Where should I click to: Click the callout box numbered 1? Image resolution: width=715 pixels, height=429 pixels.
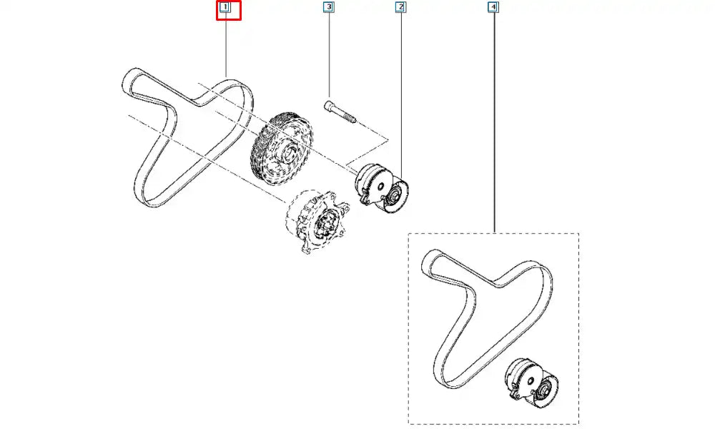point(225,7)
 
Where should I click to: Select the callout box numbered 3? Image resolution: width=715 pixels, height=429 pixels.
point(328,7)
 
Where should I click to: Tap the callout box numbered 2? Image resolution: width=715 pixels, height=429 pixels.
point(400,7)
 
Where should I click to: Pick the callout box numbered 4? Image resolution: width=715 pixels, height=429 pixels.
point(493,7)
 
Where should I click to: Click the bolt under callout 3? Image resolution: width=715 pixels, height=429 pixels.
point(340,112)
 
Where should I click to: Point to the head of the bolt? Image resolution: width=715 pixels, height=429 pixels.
point(329,106)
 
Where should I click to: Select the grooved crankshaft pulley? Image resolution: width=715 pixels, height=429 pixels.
point(282,149)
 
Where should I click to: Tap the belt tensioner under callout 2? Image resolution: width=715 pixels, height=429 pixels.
point(382,188)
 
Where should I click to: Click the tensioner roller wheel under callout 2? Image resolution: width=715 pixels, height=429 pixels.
point(394,197)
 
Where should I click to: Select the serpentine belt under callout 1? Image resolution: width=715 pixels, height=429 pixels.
point(187,138)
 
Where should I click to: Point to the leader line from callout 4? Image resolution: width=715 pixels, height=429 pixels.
point(493,122)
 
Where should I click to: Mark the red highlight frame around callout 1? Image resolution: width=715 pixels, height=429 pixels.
point(229,11)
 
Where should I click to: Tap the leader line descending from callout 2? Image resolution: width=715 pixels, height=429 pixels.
point(401,94)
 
